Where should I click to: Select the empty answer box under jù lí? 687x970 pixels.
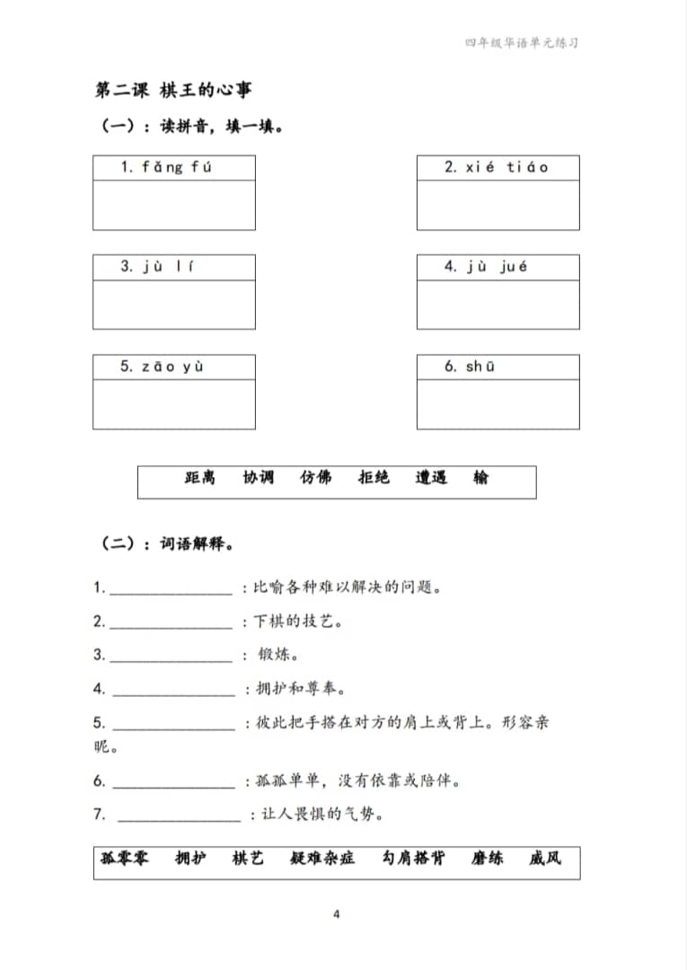point(173,304)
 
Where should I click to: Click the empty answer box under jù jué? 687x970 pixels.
point(498,304)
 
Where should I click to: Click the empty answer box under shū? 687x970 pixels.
point(498,404)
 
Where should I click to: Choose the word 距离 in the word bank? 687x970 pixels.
point(199,478)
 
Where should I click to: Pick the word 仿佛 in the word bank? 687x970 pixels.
point(315,478)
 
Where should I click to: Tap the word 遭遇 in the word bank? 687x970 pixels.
point(430,478)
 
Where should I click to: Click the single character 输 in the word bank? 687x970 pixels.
point(481,478)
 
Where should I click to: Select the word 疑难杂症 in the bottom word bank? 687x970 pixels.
point(322,859)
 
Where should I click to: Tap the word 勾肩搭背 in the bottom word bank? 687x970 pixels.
point(412,859)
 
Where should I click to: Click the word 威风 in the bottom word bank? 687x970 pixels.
point(544,859)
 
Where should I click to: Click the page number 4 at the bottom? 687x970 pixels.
point(336,915)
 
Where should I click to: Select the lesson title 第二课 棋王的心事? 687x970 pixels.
point(173,90)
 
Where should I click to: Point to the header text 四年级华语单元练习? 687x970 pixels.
point(515,42)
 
